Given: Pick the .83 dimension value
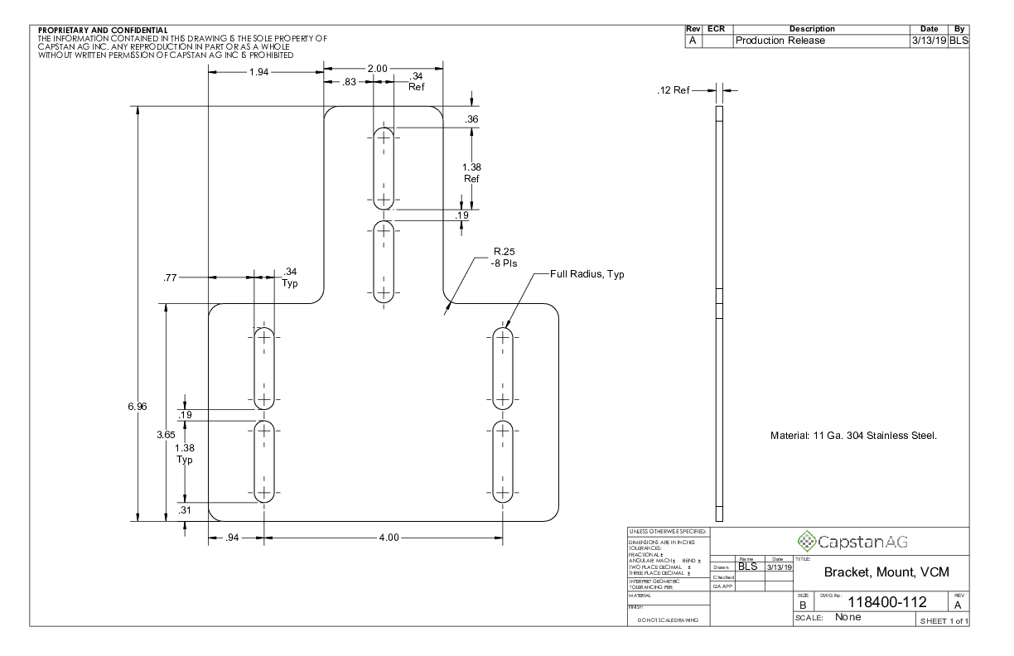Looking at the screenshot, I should (x=349, y=82).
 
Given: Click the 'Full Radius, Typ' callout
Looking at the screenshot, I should (x=587, y=274).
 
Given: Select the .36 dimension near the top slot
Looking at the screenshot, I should (x=472, y=119).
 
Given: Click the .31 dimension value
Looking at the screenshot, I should (x=184, y=510).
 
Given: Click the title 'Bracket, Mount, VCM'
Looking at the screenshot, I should (x=885, y=572).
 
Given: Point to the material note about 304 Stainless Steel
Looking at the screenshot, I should (x=853, y=437).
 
